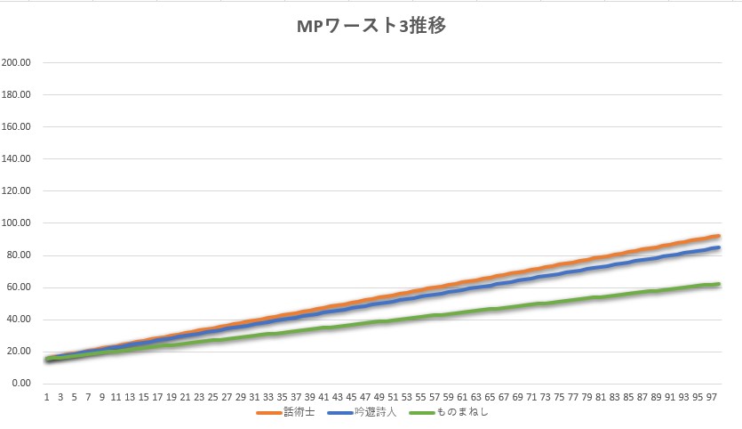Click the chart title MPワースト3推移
click(371, 26)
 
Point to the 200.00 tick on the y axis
click(17, 63)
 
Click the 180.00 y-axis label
click(17, 95)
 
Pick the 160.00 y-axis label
click(17, 127)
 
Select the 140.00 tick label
click(17, 159)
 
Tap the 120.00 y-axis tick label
click(17, 191)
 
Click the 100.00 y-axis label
click(17, 223)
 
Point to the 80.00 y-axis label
click(20, 255)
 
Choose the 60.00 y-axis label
click(20, 287)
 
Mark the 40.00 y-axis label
click(20, 320)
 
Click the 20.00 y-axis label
click(20, 352)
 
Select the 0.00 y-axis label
click(22, 384)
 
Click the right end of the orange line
click(718, 236)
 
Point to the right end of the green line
click(718, 284)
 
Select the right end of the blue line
click(718, 247)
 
